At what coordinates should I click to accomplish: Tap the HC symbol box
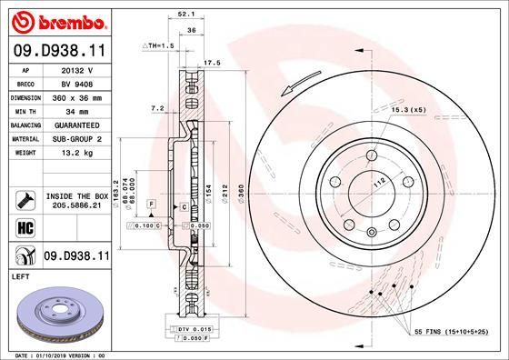25,227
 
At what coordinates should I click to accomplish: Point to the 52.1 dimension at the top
186,14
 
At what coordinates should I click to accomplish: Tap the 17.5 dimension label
214,63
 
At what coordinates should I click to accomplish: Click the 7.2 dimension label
156,107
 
